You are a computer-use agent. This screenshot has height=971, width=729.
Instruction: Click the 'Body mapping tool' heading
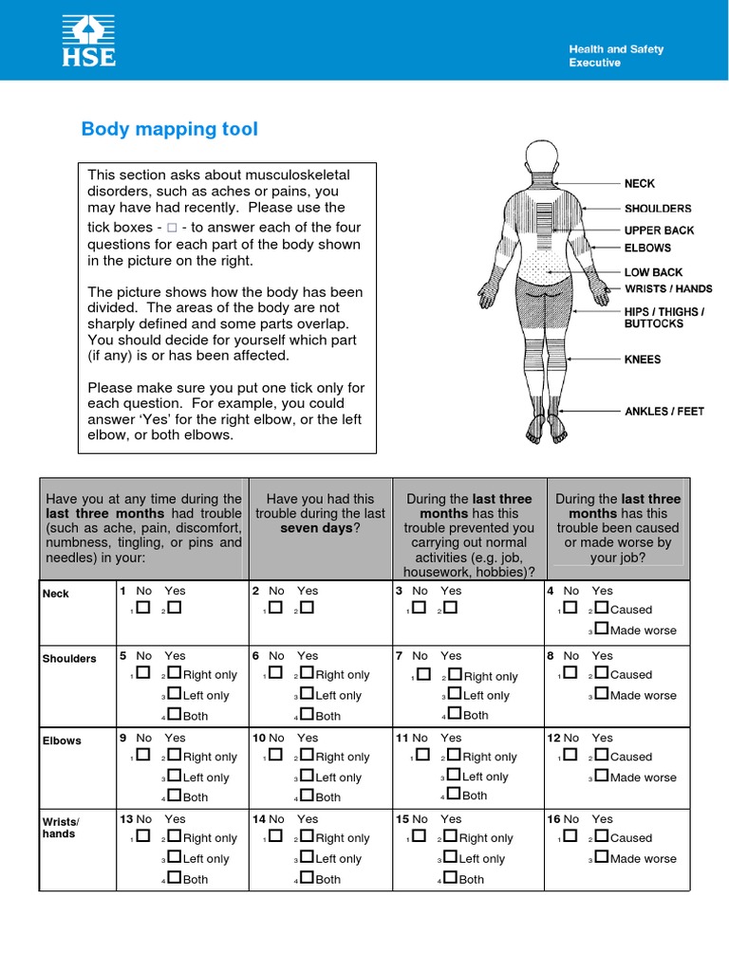pos(169,129)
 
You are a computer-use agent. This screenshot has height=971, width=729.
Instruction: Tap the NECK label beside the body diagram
pos(639,183)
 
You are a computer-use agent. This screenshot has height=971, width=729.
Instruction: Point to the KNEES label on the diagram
pos(643,359)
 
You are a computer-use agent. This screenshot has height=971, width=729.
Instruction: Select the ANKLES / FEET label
pos(664,412)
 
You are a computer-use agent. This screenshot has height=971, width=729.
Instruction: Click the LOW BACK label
pos(653,272)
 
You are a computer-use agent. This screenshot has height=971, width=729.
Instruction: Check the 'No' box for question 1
pos(142,609)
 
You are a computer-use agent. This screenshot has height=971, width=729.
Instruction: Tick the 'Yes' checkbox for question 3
pos(450,609)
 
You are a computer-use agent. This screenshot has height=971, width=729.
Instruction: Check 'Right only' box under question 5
pos(175,674)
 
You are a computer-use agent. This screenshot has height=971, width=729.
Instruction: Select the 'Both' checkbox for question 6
pos(308,715)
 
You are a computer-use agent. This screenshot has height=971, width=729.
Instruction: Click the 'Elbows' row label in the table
pos(62,741)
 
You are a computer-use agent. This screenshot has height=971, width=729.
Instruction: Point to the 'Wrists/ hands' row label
pos(60,827)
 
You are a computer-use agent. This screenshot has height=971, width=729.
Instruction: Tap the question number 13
pos(125,818)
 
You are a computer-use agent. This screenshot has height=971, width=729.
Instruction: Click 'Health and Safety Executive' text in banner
pos(615,56)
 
